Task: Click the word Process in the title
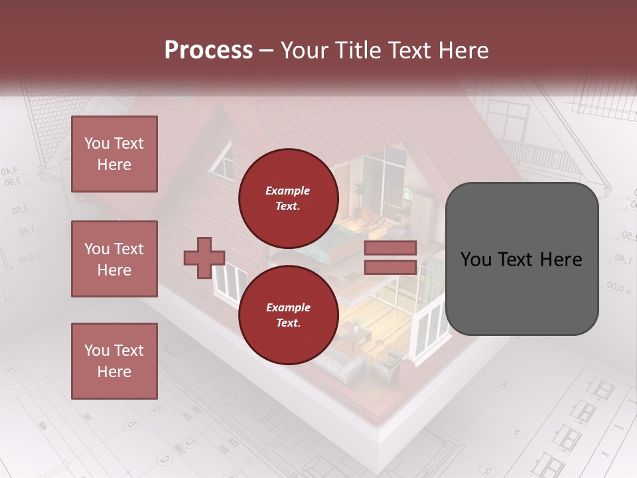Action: pyautogui.click(x=208, y=50)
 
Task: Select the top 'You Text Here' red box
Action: pyautogui.click(x=114, y=154)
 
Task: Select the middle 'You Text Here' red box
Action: pyautogui.click(x=114, y=259)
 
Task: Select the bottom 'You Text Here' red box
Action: pyautogui.click(x=114, y=360)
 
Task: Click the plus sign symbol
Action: pyautogui.click(x=204, y=258)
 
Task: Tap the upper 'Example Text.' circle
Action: pyautogui.click(x=288, y=198)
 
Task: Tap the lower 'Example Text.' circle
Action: pyautogui.click(x=288, y=315)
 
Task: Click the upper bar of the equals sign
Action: pyautogui.click(x=390, y=248)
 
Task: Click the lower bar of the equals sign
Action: pyautogui.click(x=390, y=267)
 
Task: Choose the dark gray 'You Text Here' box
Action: pyautogui.click(x=522, y=258)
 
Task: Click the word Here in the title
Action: pyautogui.click(x=462, y=50)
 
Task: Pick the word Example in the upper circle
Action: pyautogui.click(x=287, y=191)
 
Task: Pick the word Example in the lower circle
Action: pyautogui.click(x=287, y=307)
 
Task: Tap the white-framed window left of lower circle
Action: pyautogui.click(x=228, y=282)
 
